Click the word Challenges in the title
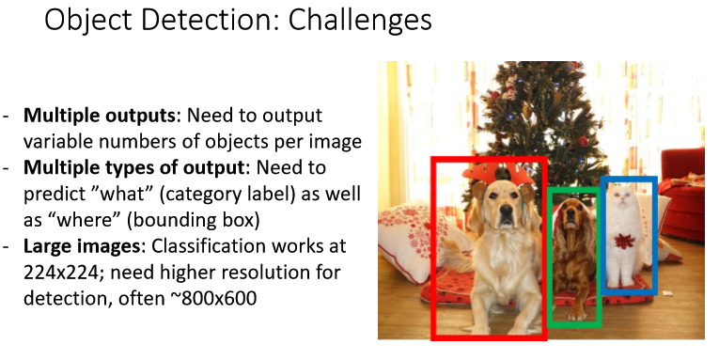(360, 21)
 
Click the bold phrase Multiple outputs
(99, 115)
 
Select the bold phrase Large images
(82, 246)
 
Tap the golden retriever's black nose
(507, 211)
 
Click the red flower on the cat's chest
(624, 242)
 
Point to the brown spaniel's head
(571, 214)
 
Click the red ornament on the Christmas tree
(583, 140)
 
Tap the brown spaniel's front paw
(575, 315)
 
